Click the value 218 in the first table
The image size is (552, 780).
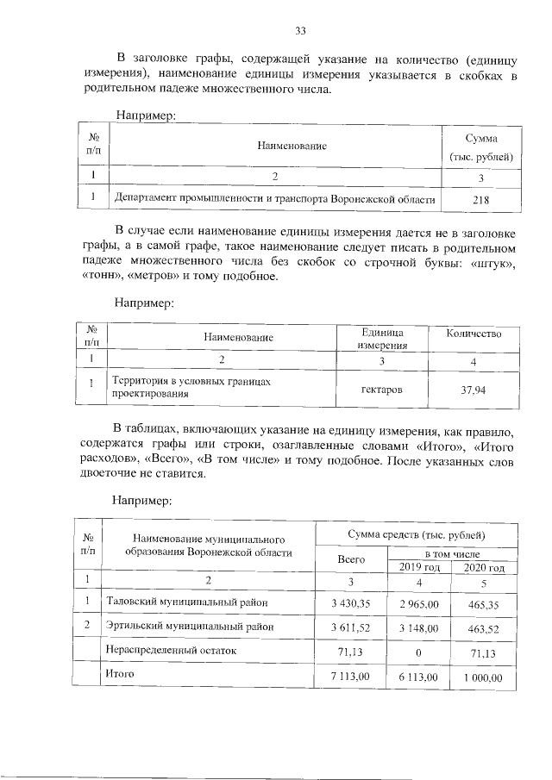(x=481, y=200)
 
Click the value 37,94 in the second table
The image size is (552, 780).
(x=474, y=390)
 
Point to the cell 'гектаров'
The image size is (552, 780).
(x=380, y=390)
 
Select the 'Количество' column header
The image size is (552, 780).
(x=474, y=334)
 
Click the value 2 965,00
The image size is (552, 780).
(x=420, y=602)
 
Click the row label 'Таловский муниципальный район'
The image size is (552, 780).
(x=187, y=602)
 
